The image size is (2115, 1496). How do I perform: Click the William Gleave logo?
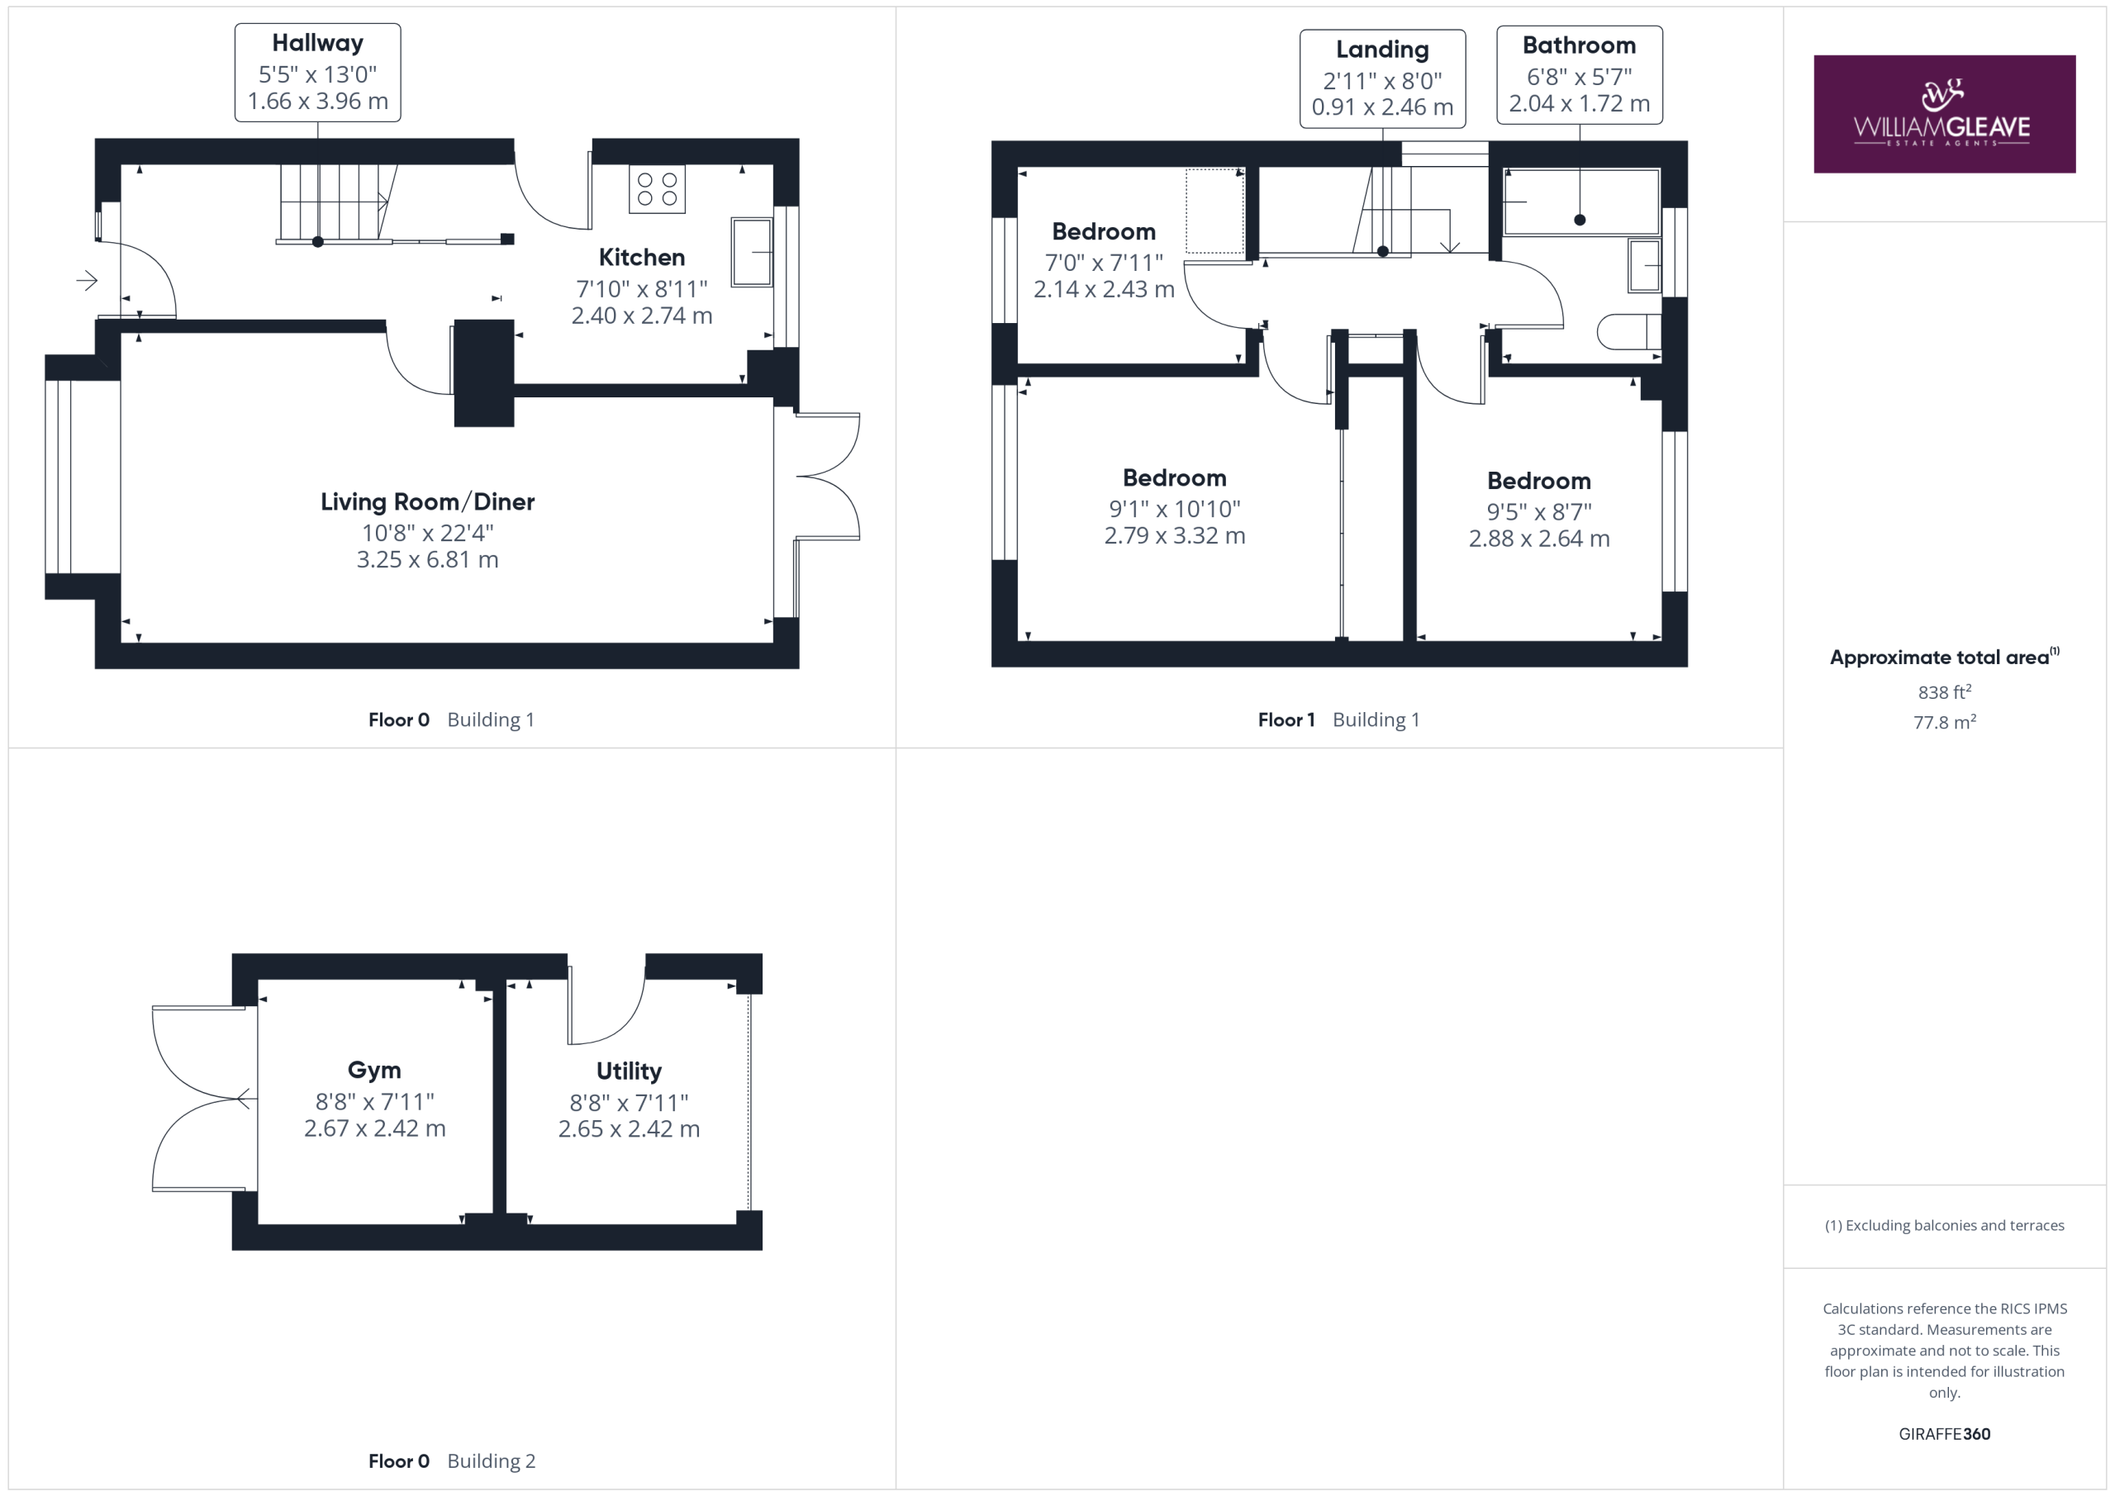click(1944, 113)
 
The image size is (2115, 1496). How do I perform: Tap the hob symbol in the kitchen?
click(657, 189)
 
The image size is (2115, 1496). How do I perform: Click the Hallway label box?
click(318, 73)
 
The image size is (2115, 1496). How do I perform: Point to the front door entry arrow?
click(88, 280)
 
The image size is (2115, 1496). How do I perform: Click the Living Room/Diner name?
click(427, 502)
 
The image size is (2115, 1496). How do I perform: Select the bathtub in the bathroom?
click(1580, 202)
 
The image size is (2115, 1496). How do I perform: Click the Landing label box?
click(1383, 78)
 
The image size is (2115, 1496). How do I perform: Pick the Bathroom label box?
click(1580, 74)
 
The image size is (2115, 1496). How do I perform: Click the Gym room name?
click(374, 1071)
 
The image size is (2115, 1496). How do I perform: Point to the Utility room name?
click(630, 1071)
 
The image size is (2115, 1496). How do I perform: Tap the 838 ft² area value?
click(1945, 691)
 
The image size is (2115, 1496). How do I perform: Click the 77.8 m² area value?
click(1945, 722)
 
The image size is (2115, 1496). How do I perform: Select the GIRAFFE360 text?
click(1945, 1434)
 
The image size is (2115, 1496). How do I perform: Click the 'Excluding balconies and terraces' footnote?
click(1945, 1225)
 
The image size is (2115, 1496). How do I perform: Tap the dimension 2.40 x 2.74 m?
click(642, 316)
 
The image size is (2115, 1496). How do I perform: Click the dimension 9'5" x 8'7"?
click(1539, 512)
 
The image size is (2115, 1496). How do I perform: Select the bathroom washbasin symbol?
click(1644, 266)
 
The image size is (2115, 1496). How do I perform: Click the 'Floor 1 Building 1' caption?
click(1339, 720)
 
